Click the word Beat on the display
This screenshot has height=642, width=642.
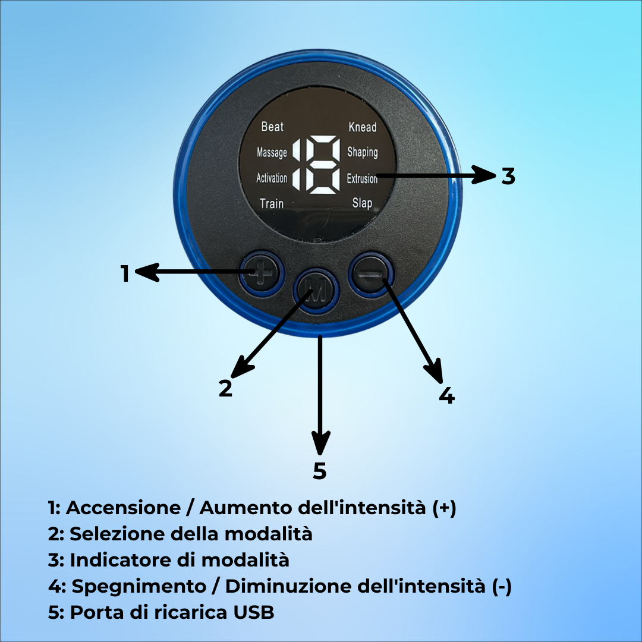[x=272, y=127]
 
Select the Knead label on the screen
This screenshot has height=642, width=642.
[x=362, y=127]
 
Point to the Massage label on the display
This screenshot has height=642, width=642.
[x=272, y=153]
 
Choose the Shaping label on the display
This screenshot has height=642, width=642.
[x=362, y=152]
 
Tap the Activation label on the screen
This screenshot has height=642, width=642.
[x=271, y=178]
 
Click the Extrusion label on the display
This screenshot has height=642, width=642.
[x=362, y=178]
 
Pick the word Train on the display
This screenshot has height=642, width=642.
[x=272, y=203]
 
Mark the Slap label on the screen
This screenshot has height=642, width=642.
[x=362, y=203]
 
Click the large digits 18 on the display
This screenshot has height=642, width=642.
[x=315, y=165]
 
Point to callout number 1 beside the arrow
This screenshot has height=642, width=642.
[x=125, y=274]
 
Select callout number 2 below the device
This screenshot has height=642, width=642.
[x=225, y=388]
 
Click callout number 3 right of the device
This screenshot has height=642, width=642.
[x=508, y=176]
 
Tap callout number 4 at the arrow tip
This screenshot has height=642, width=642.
[x=446, y=395]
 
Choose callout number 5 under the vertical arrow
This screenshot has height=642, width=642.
[x=320, y=471]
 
